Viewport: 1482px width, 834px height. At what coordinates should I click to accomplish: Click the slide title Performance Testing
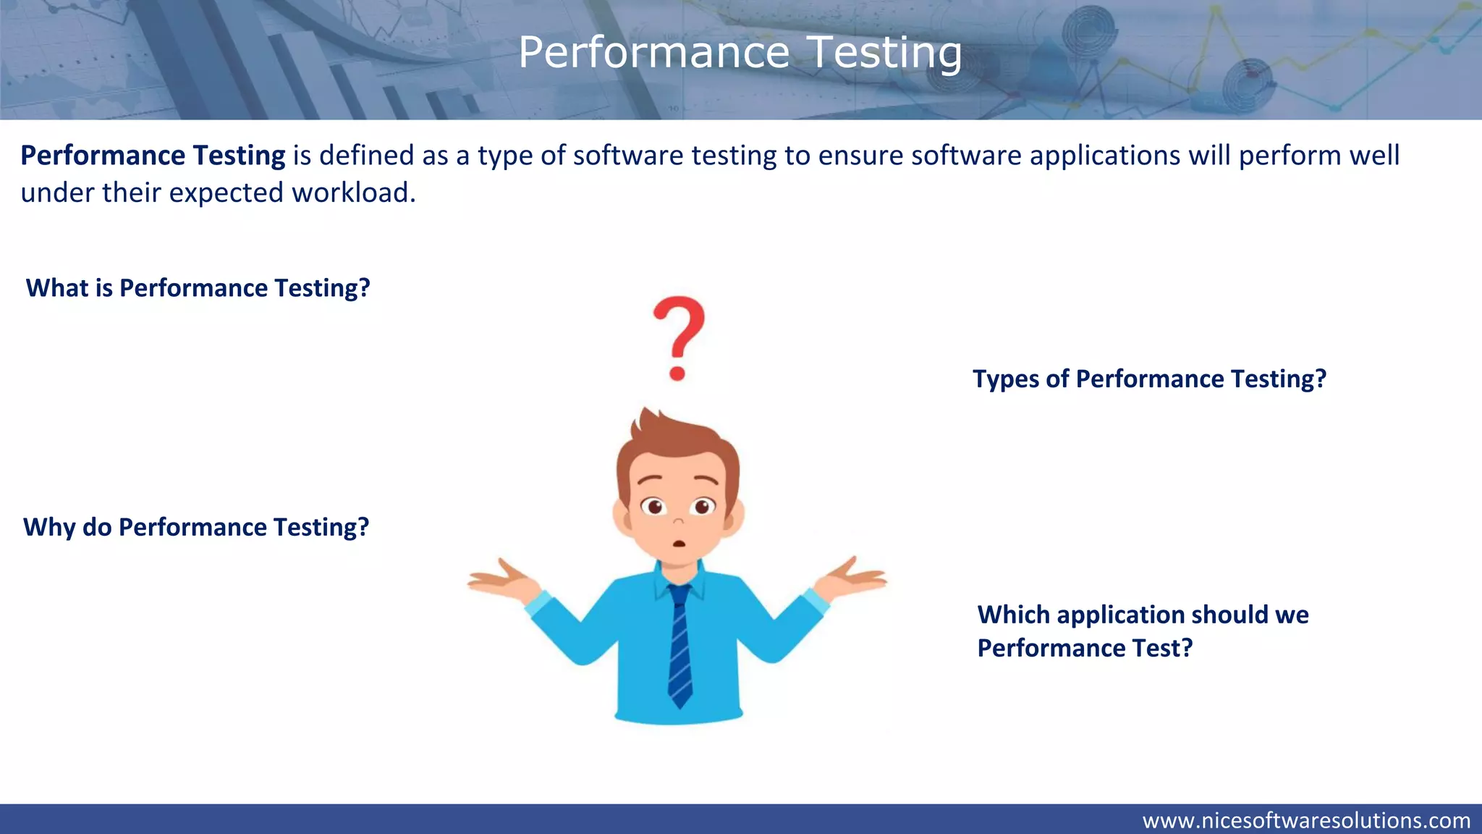740,53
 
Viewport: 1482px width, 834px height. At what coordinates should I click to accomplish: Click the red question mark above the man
678,337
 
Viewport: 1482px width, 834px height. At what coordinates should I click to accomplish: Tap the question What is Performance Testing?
198,288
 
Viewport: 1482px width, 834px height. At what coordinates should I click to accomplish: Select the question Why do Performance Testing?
196,527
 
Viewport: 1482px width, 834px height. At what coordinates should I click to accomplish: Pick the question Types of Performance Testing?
1149,379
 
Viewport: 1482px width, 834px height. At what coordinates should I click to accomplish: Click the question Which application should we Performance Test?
1143,631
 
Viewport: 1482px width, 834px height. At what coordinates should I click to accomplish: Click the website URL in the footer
1306,820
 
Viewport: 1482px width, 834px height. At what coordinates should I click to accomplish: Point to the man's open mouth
679,544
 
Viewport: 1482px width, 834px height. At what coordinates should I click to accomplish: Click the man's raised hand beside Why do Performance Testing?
503,579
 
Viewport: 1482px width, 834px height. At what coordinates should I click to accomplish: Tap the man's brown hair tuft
648,424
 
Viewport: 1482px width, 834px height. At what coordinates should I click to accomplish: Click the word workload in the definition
353,193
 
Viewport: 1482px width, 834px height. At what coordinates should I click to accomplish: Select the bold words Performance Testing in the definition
153,156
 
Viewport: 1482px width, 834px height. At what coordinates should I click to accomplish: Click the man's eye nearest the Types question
702,506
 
